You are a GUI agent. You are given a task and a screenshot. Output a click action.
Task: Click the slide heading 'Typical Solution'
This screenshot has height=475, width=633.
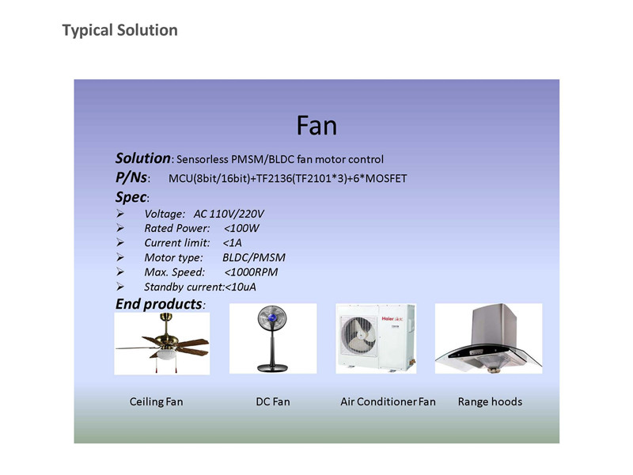tap(120, 31)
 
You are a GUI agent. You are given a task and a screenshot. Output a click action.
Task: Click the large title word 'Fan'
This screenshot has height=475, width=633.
tap(316, 126)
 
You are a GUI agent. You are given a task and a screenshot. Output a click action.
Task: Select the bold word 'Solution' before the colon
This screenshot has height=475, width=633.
tap(143, 158)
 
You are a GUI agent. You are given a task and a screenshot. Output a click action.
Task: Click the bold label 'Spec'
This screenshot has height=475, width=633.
tap(131, 197)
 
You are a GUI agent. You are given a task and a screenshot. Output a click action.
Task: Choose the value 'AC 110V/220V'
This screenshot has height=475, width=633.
tap(229, 214)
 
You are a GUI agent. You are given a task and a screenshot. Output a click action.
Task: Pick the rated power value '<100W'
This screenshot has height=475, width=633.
tap(241, 228)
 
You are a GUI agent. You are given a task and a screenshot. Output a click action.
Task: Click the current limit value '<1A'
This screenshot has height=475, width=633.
tap(232, 243)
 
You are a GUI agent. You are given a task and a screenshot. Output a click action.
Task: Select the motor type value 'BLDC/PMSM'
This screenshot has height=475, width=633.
tap(254, 258)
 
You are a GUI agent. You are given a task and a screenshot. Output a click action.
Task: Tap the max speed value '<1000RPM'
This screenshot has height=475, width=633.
tap(251, 272)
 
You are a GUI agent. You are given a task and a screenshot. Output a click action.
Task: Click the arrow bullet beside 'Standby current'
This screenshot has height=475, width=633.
tap(120, 287)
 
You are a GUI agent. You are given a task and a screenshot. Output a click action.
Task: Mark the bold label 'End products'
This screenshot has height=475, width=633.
tap(159, 304)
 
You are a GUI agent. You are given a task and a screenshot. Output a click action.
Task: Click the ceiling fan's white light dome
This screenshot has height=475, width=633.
tap(166, 355)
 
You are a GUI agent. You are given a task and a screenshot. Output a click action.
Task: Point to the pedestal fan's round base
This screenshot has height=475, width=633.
tap(272, 367)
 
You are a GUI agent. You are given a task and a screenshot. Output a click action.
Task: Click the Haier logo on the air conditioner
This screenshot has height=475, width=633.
tap(388, 319)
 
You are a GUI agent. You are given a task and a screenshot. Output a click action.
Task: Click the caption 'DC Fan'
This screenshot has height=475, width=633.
tap(273, 402)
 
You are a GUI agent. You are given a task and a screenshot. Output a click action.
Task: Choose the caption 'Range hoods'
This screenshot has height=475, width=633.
tap(490, 402)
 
